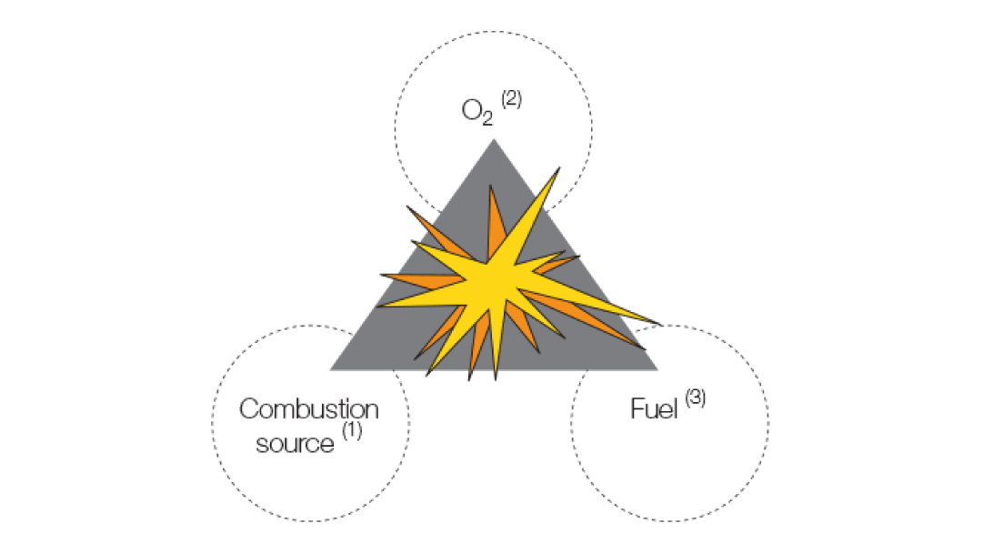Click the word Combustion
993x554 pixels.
[308, 409]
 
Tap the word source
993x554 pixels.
[295, 445]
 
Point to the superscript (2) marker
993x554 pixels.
[511, 99]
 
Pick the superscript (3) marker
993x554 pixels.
[695, 397]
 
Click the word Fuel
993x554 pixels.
[655, 409]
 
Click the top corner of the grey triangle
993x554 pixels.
[494, 142]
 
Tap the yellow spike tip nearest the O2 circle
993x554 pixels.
[557, 170]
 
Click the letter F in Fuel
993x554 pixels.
[637, 409]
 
